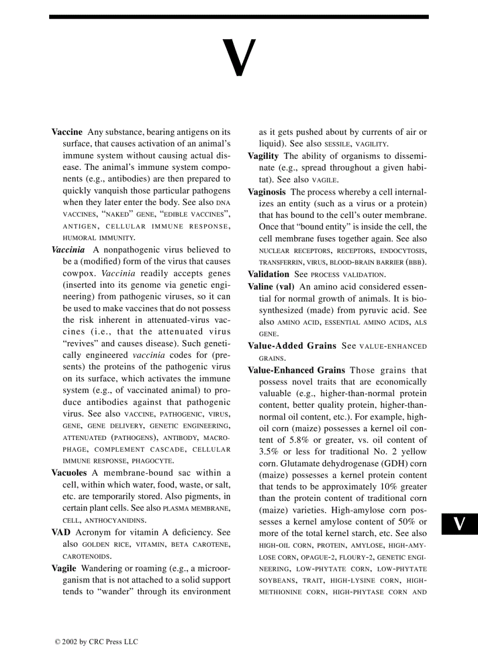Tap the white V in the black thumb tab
[x=460, y=524]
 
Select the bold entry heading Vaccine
[x=67, y=132]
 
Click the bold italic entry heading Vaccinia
[x=68, y=250]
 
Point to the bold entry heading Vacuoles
[x=69, y=473]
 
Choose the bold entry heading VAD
[x=61, y=532]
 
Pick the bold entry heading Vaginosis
[x=267, y=192]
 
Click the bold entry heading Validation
[x=268, y=274]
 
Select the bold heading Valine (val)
[x=271, y=287]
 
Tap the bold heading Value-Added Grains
[x=292, y=346]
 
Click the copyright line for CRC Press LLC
[x=97, y=642]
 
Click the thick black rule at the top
[x=239, y=17]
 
